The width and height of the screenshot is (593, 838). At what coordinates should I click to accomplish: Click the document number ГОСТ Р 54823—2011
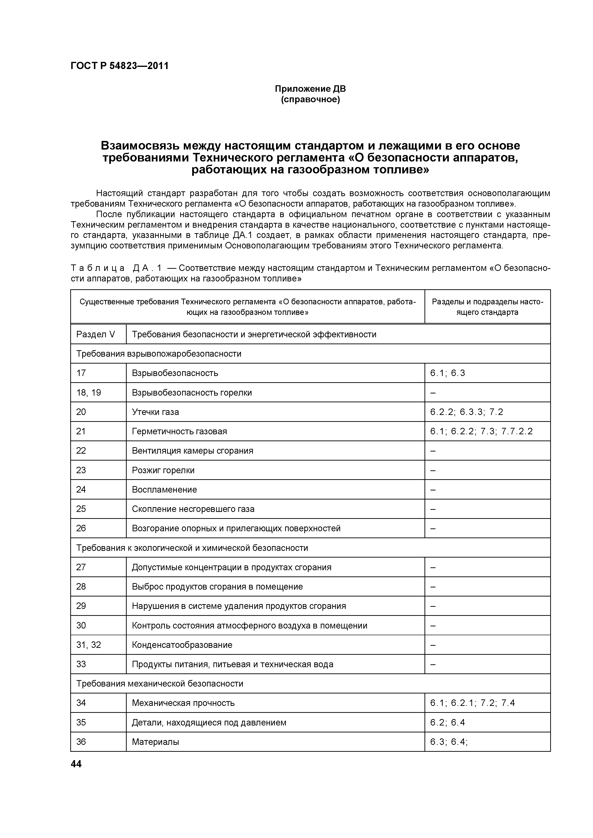tap(120, 66)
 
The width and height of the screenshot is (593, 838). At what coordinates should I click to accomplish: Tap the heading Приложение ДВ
tap(310, 89)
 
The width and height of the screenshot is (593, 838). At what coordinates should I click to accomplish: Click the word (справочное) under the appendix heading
tap(310, 100)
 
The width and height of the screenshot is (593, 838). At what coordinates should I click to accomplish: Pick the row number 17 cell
tap(81, 373)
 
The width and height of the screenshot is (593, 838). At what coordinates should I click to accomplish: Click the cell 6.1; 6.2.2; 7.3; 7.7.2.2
tap(481, 431)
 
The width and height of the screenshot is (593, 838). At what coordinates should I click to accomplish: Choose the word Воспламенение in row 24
tap(164, 489)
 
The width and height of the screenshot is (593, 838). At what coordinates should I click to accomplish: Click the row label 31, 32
tap(88, 645)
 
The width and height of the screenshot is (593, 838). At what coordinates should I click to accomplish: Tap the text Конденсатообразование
tap(182, 645)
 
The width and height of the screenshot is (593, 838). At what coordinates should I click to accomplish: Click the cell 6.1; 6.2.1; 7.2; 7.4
tap(472, 703)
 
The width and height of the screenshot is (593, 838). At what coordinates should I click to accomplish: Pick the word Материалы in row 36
tap(155, 742)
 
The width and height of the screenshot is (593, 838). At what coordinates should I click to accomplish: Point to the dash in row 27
tap(433, 567)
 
